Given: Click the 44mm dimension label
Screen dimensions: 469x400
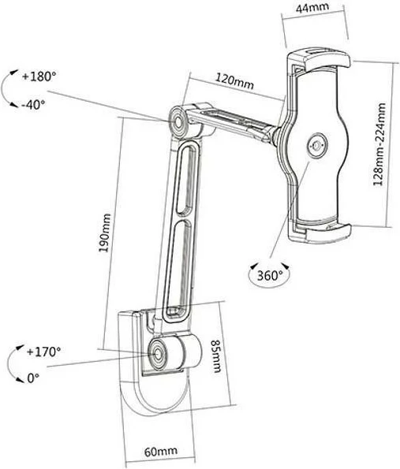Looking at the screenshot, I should point(313,10).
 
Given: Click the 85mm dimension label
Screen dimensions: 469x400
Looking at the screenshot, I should point(214,355).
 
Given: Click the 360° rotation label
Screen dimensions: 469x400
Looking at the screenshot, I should point(265,275).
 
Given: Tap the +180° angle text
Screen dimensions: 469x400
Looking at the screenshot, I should point(40,77).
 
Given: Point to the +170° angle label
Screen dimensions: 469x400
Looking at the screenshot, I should point(43,352).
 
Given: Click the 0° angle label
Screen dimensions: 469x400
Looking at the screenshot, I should point(32,378).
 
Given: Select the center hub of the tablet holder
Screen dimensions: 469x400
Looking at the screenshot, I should point(318,145).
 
